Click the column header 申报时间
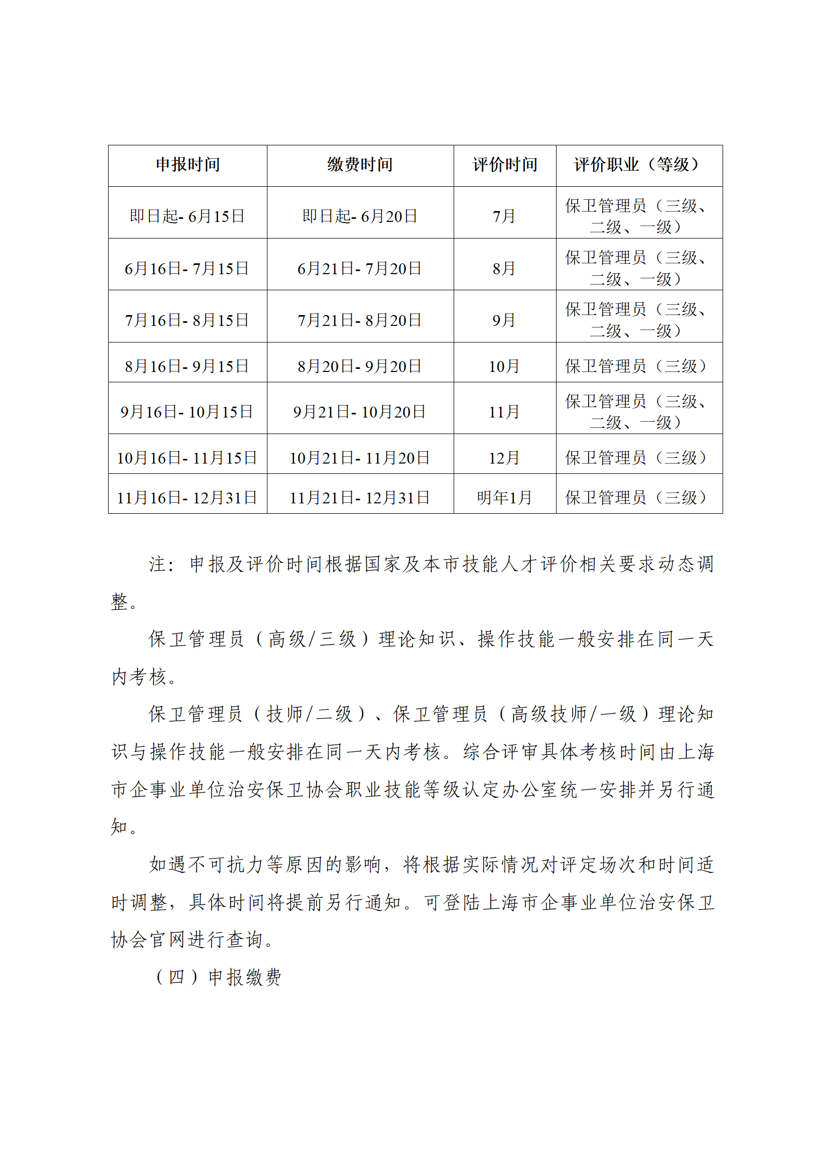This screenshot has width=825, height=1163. point(188,165)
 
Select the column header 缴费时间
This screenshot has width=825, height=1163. point(360,165)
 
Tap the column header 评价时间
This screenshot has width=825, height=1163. point(505,165)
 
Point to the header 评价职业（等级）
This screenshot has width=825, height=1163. point(639,165)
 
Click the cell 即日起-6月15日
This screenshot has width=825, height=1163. point(187,216)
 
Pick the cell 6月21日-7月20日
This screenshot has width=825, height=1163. point(359,269)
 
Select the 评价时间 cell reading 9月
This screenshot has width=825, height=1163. point(504,320)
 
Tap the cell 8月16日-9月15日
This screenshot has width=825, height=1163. point(187,366)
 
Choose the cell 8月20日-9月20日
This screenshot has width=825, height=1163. point(359,366)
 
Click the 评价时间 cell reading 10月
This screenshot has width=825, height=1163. point(504,366)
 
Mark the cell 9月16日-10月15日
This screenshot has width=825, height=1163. point(187,412)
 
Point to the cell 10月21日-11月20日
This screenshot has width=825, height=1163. point(359,458)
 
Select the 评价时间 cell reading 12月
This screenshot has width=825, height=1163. point(504,458)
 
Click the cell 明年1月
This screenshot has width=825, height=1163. point(504,498)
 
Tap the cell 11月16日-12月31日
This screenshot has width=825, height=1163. point(187,498)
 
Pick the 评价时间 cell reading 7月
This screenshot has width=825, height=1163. point(504,216)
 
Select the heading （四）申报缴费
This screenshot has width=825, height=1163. point(218,977)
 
